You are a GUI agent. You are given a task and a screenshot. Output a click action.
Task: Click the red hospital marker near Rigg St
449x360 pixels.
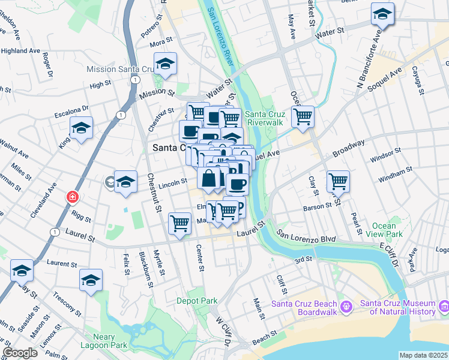72,197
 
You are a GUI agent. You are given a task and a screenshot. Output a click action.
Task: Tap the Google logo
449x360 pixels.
20,353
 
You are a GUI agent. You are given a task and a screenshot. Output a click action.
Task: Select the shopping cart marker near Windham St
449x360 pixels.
339,181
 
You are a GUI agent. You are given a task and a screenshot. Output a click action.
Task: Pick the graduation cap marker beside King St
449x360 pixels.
81,127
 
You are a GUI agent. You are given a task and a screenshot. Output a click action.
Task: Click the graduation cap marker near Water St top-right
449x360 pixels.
382,14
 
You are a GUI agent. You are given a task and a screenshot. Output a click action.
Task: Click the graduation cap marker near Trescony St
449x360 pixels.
91,280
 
